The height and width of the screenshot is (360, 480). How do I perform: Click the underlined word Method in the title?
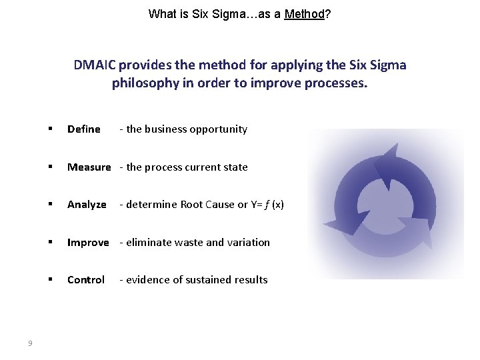(x=304, y=14)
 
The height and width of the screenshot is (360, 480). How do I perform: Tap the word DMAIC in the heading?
(x=95, y=65)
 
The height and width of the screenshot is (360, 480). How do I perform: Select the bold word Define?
(x=84, y=129)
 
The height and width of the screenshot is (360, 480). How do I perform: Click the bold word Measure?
(x=89, y=167)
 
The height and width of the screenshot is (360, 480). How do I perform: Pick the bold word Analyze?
(x=87, y=205)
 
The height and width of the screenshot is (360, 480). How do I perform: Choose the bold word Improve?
(x=88, y=243)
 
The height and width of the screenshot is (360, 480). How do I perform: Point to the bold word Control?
(x=86, y=280)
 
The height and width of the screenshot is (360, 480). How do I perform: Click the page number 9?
(x=30, y=343)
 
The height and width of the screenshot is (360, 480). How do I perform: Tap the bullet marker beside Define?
(x=50, y=129)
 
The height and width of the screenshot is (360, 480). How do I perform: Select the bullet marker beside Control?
(x=50, y=280)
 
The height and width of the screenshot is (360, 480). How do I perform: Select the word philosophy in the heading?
(x=145, y=85)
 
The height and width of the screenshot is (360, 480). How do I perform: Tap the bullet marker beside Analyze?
(x=50, y=205)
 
